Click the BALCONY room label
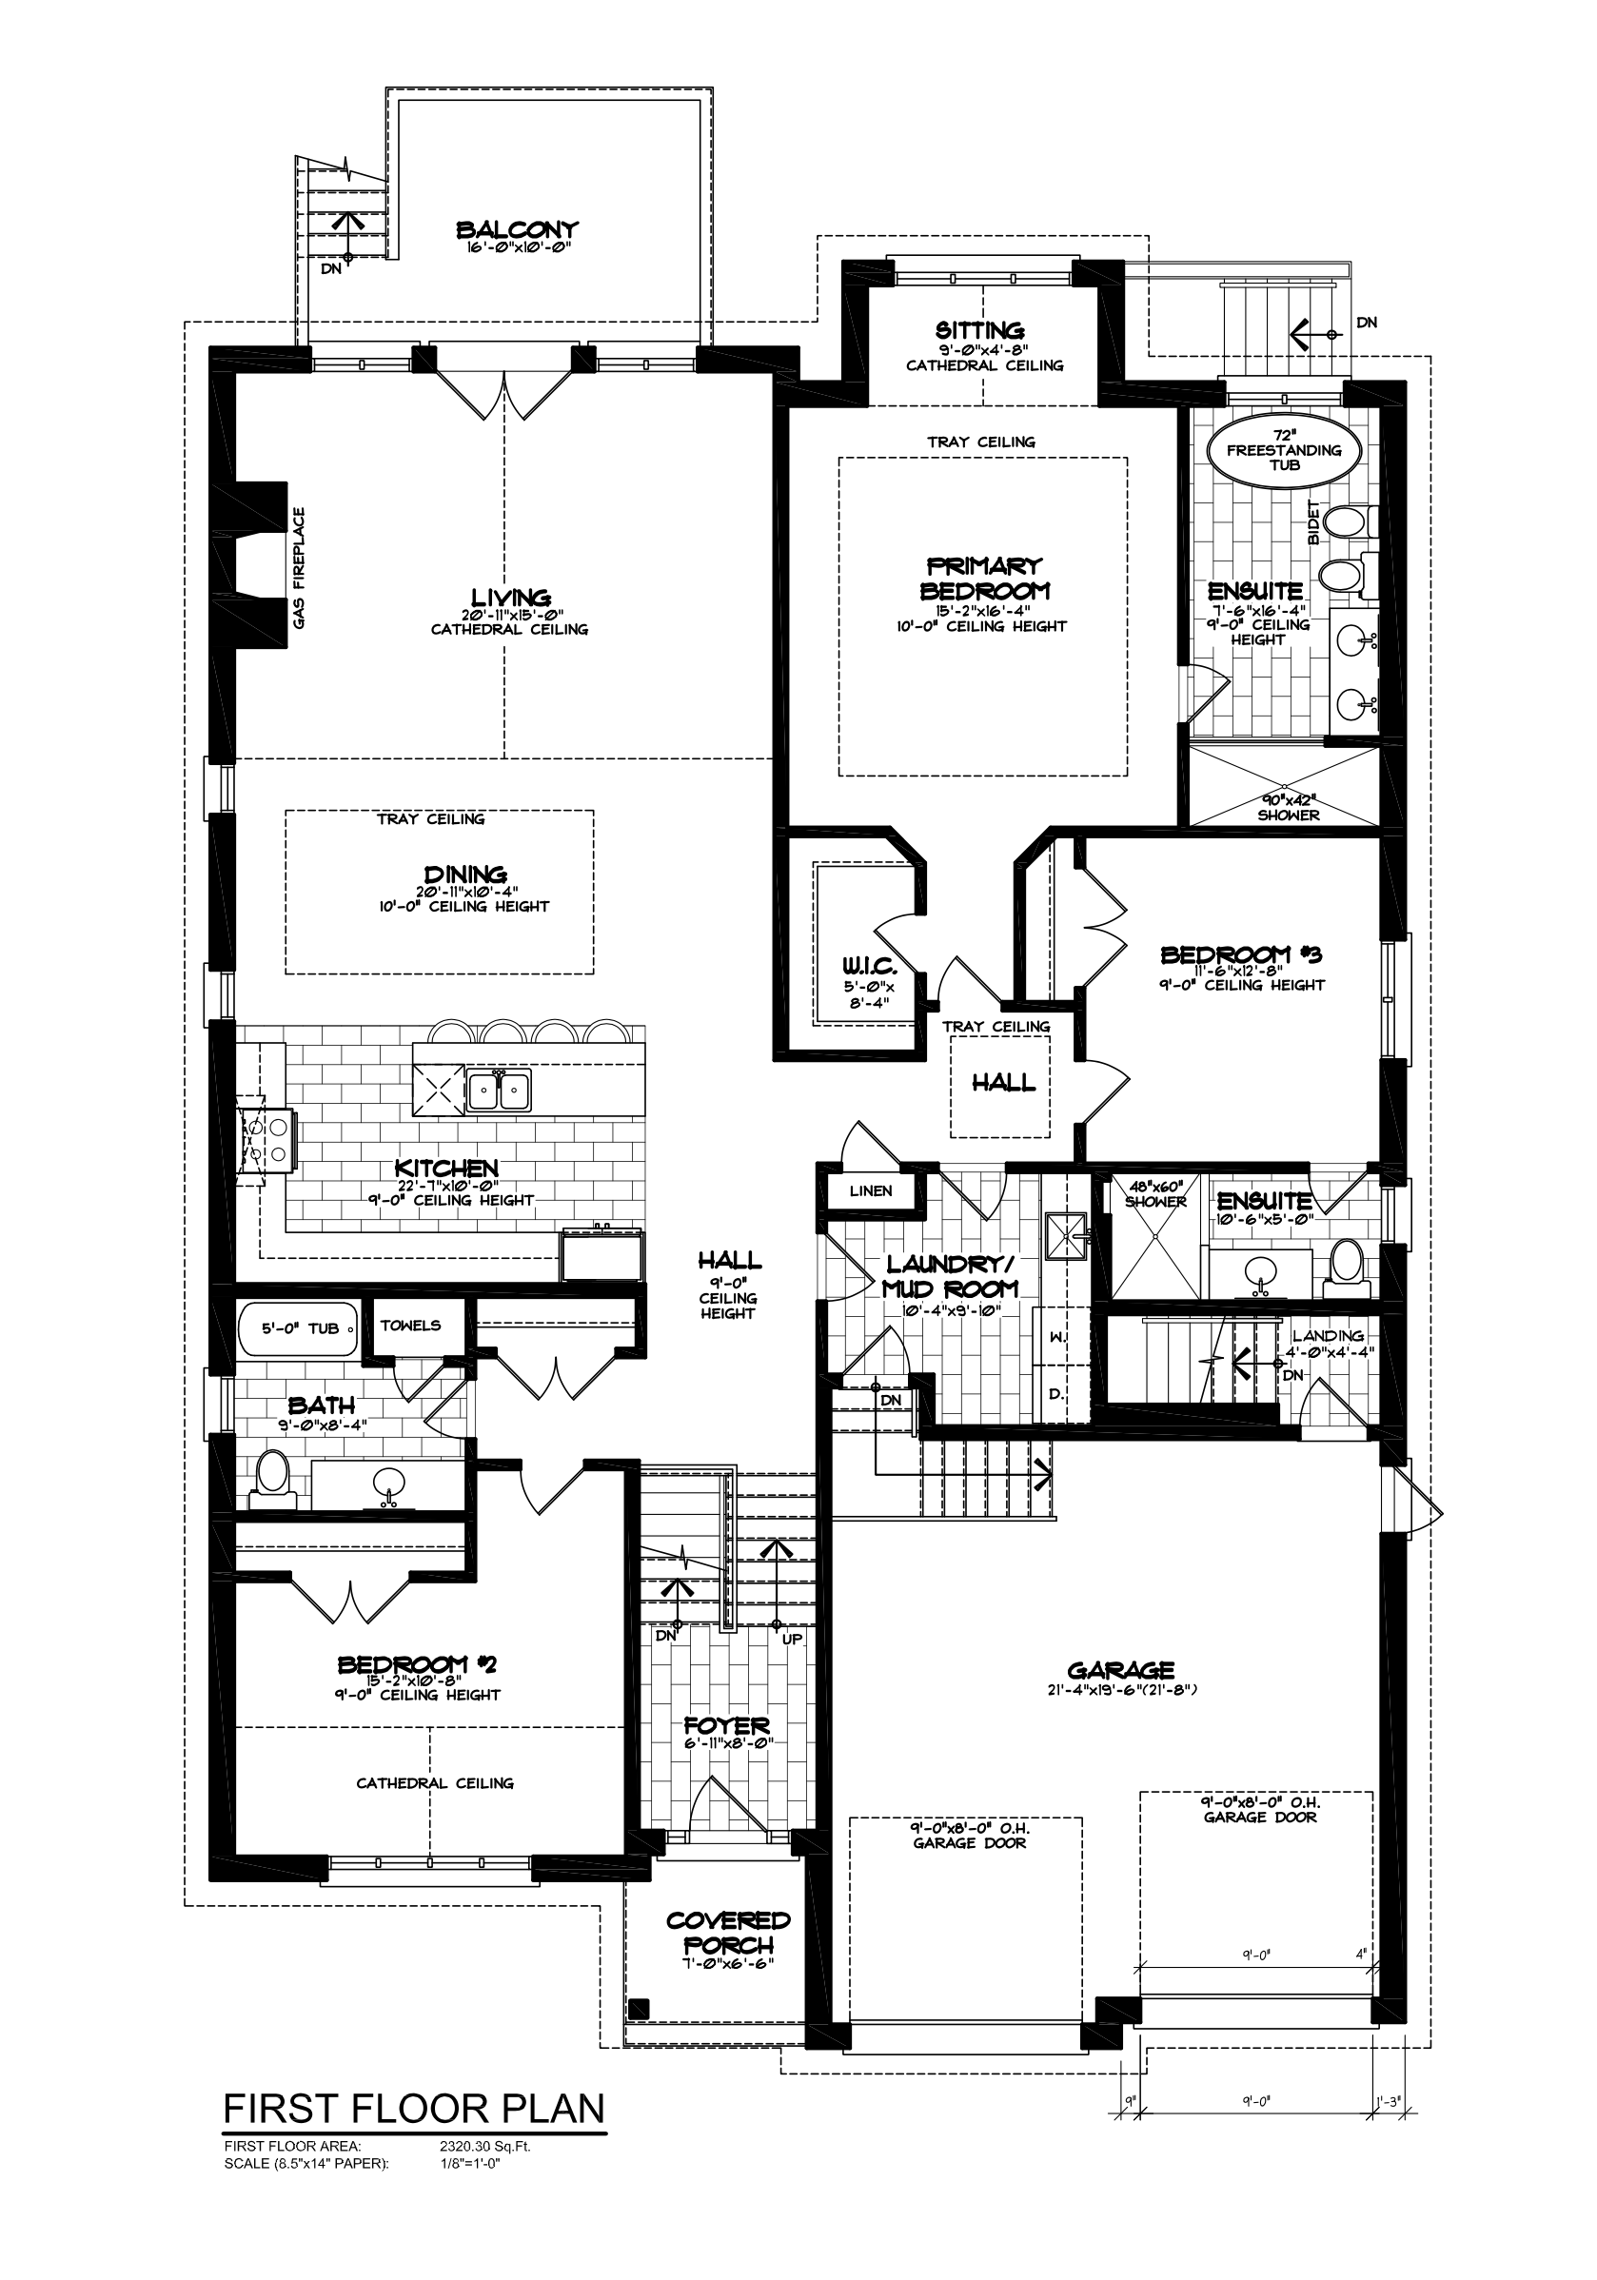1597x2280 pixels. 517,230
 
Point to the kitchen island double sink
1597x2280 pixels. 499,1091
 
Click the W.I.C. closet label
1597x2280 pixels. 870,965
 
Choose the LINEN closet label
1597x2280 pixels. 871,1190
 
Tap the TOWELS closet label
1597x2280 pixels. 410,1325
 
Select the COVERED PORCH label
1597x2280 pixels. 728,1933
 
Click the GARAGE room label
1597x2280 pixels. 1120,1670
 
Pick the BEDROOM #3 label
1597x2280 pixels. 1241,954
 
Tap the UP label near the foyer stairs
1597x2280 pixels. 792,1640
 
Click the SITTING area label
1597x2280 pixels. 979,329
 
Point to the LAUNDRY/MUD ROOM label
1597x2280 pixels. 951,1276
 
